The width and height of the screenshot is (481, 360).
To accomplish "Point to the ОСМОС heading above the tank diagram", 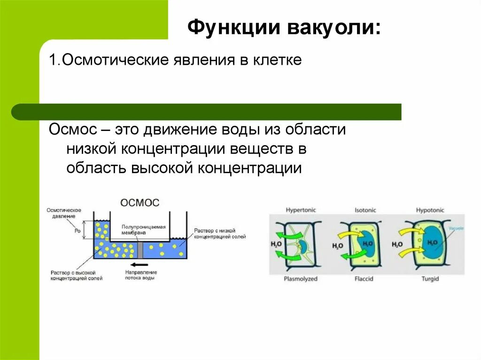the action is point(140,203).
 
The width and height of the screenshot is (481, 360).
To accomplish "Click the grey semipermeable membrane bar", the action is point(140,251).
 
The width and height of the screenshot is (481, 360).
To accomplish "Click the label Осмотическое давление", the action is point(64,212).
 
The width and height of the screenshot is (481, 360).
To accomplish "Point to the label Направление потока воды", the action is point(140,275).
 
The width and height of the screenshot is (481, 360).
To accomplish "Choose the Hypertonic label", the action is point(301,210).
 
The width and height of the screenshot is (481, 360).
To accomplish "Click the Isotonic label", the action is point(365,210).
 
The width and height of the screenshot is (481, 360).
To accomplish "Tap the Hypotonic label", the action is point(430,210).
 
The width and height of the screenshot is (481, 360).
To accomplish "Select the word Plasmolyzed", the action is point(301,279).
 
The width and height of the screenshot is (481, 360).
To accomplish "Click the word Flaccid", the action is point(364,279).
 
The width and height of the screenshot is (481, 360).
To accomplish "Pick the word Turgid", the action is point(430,279).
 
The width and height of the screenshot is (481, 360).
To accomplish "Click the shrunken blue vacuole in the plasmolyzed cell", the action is point(303,246).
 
